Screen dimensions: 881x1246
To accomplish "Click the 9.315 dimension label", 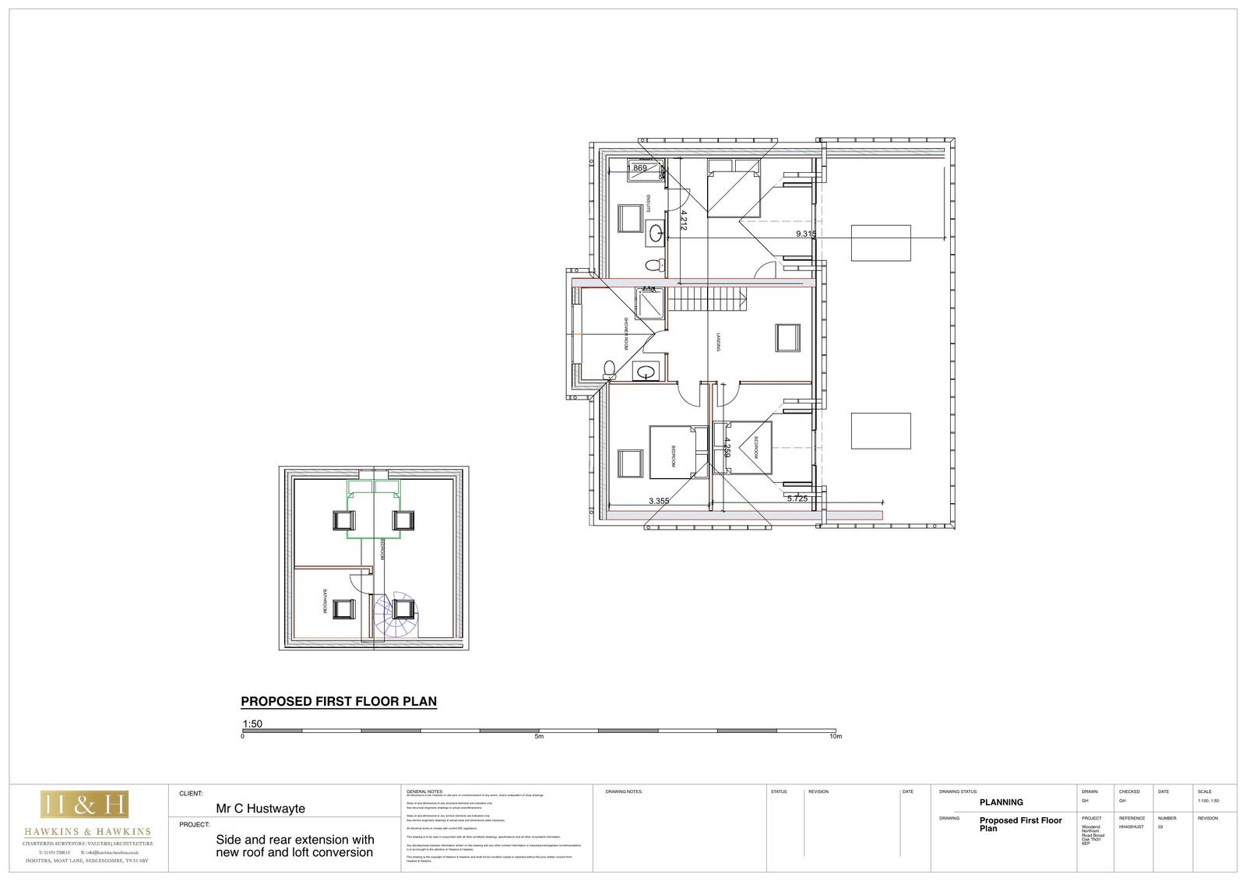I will coord(805,234).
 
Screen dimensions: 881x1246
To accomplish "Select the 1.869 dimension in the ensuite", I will coord(637,168).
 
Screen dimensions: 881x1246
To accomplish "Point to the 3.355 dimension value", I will coord(659,501).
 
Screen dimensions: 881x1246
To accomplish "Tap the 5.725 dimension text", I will coord(797,499).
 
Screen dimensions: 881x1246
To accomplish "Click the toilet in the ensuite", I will coord(656,265).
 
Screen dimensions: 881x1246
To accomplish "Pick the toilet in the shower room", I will coord(610,367).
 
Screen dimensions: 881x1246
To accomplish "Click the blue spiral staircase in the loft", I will coord(396,615).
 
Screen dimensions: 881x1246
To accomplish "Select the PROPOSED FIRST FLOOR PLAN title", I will coord(339,701).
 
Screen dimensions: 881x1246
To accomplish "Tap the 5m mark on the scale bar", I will coord(539,736).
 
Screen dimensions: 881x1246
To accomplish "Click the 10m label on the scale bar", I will coord(836,736).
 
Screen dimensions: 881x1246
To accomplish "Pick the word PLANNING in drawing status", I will coord(1001,802).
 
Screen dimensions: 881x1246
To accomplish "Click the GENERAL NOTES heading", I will coord(424,791).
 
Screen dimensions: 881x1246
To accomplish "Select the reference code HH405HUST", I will coord(1131,826).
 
